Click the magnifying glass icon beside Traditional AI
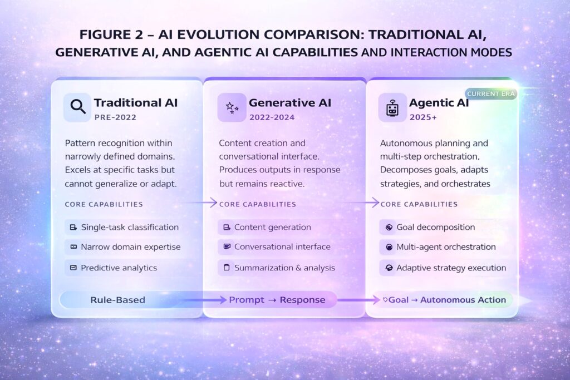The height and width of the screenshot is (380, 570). tap(77, 107)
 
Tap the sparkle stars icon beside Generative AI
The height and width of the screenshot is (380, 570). tap(232, 107)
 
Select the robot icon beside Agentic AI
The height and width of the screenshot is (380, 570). tap(392, 107)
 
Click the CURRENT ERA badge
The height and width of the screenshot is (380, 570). tap(490, 93)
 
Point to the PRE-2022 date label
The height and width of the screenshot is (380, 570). tap(115, 117)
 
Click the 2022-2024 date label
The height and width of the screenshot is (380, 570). tap(272, 117)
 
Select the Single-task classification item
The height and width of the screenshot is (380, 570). tap(130, 227)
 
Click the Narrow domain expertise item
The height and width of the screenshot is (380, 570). tap(130, 246)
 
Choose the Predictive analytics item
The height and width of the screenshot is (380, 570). tap(119, 268)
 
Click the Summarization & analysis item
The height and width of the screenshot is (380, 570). tap(284, 268)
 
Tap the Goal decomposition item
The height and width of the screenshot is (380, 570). tap(435, 227)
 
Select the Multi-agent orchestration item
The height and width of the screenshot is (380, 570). tap(446, 246)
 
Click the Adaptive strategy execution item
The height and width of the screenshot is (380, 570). tap(451, 268)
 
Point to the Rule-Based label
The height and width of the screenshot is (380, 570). tap(117, 300)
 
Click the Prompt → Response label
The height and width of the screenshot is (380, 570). tap(277, 300)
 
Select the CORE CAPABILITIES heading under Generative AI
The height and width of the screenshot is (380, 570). tap(258, 204)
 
